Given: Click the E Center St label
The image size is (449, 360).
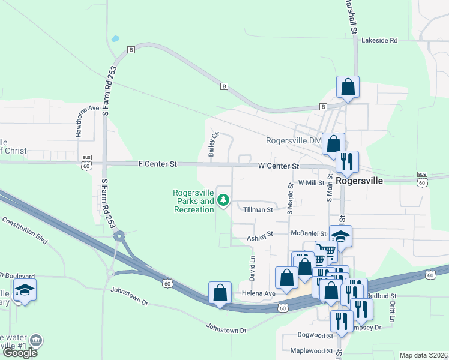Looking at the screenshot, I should coord(158,163).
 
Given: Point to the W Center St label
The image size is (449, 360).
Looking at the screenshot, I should coord(279,166).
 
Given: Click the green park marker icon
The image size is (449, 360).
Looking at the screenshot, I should coord(224,200).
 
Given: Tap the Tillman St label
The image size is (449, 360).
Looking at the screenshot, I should coord(258,209).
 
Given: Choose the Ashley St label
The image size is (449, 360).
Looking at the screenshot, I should coord(260,238).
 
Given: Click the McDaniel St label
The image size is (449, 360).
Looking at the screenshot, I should coord(307,233).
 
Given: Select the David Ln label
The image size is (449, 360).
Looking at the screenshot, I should coord(253,269).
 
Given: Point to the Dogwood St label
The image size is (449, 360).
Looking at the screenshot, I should coord(315,335).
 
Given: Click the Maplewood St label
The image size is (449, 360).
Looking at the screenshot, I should coord(312,350).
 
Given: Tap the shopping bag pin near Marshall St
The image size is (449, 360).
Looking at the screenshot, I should coord(348,87).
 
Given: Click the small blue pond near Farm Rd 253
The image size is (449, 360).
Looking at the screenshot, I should coord(115,38).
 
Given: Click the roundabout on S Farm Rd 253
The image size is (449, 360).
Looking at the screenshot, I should coord(119,236).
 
